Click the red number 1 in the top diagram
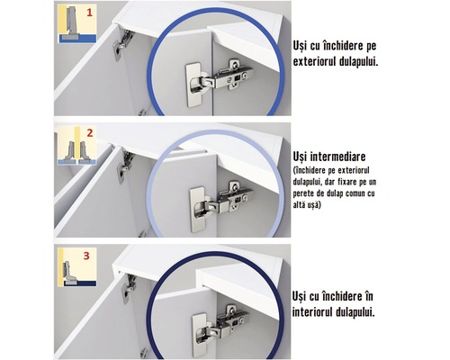pyautogui.click(x=87, y=13)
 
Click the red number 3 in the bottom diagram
pyautogui.click(x=87, y=256)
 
